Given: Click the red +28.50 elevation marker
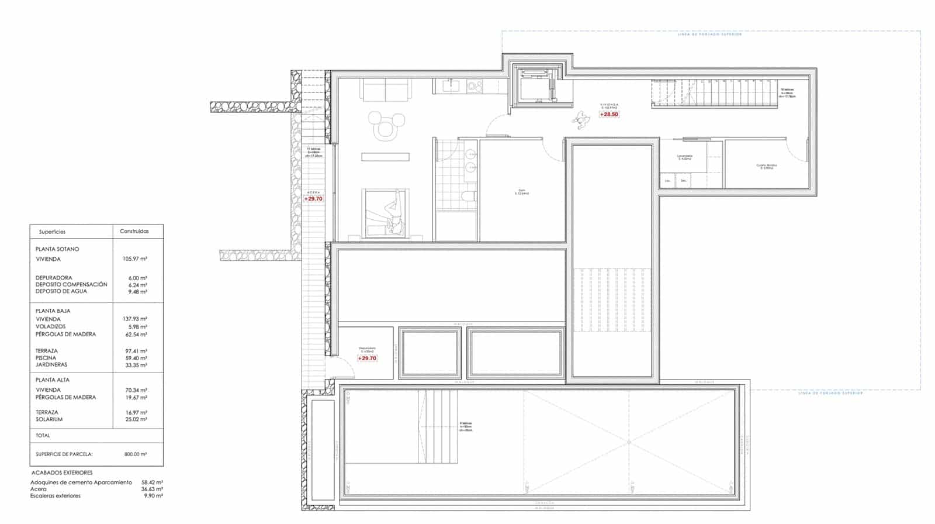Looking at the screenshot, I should pos(609,115).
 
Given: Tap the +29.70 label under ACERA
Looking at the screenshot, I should pos(313,199).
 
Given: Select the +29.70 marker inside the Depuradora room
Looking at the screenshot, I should pos(367,358).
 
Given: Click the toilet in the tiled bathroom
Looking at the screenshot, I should pos(467,195).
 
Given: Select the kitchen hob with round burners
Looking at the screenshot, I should pos(475,87).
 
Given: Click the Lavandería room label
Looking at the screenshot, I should pos(684,157).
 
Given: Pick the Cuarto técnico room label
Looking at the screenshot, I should pos(767,166).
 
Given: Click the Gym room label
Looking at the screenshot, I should pos(521,191).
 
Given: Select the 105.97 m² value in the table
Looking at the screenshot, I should pos(136,259).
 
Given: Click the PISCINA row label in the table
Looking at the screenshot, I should pos(46,358).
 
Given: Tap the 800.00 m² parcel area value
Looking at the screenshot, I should pos(136,454).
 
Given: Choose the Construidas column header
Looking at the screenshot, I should pos(134,232).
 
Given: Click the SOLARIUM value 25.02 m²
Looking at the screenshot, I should pos(136,419).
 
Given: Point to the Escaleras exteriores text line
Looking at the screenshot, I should pos(56,496).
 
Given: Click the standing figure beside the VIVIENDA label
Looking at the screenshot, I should pos(581,120).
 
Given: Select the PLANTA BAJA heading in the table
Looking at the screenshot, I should pos(53,311).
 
